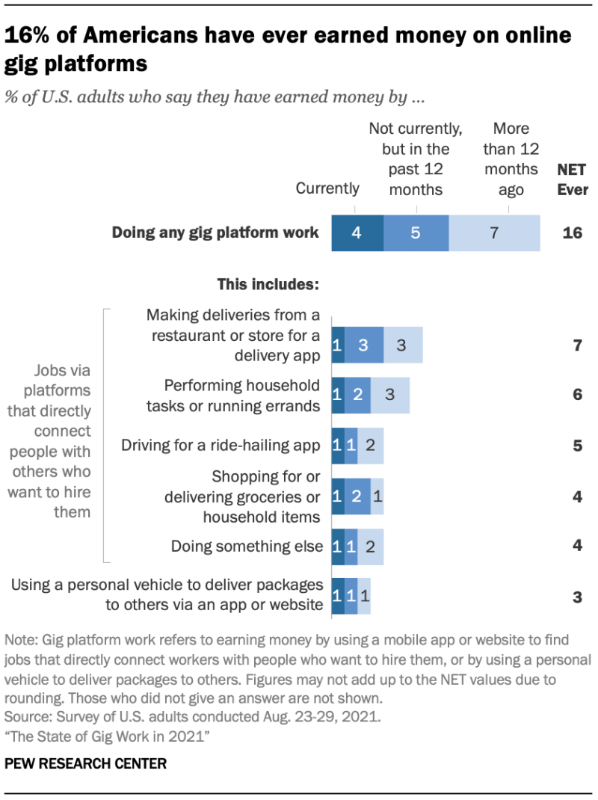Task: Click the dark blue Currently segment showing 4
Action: (x=357, y=233)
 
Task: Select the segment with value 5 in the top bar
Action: (x=416, y=233)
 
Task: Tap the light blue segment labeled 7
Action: (x=493, y=233)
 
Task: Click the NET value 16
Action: (x=572, y=233)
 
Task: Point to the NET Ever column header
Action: (x=573, y=179)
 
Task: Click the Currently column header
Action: (x=327, y=188)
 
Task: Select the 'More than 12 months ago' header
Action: (x=511, y=159)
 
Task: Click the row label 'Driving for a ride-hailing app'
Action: (x=221, y=446)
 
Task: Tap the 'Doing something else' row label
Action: (x=247, y=546)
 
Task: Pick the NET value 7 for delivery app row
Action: (x=577, y=345)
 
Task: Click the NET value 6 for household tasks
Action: (x=577, y=395)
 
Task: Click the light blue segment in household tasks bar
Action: (x=390, y=395)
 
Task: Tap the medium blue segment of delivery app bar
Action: (x=364, y=345)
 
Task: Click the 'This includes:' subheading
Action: (x=268, y=285)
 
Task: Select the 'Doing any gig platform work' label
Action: (x=215, y=233)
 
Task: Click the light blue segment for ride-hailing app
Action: (x=371, y=446)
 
